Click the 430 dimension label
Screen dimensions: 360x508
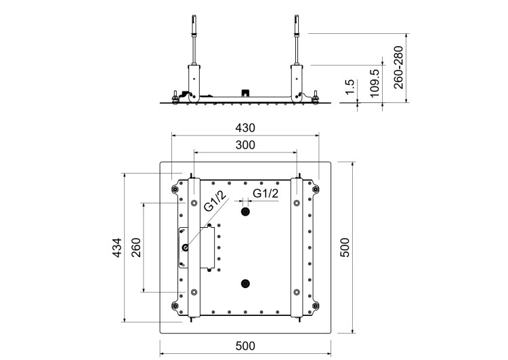245,127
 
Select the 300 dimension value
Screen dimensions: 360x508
245,144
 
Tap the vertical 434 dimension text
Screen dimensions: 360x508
117,248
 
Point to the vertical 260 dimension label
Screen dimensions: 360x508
136,248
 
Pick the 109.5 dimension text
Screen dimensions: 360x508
375,83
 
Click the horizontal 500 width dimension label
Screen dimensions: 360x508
245,346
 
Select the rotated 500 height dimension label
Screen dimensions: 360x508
345,248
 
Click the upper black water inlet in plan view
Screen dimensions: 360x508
245,212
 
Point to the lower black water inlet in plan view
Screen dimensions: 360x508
245,284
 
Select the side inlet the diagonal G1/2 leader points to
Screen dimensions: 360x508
185,247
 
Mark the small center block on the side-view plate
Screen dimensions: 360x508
245,92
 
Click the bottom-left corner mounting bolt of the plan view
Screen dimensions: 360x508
176,306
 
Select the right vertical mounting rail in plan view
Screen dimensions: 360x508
296,248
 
